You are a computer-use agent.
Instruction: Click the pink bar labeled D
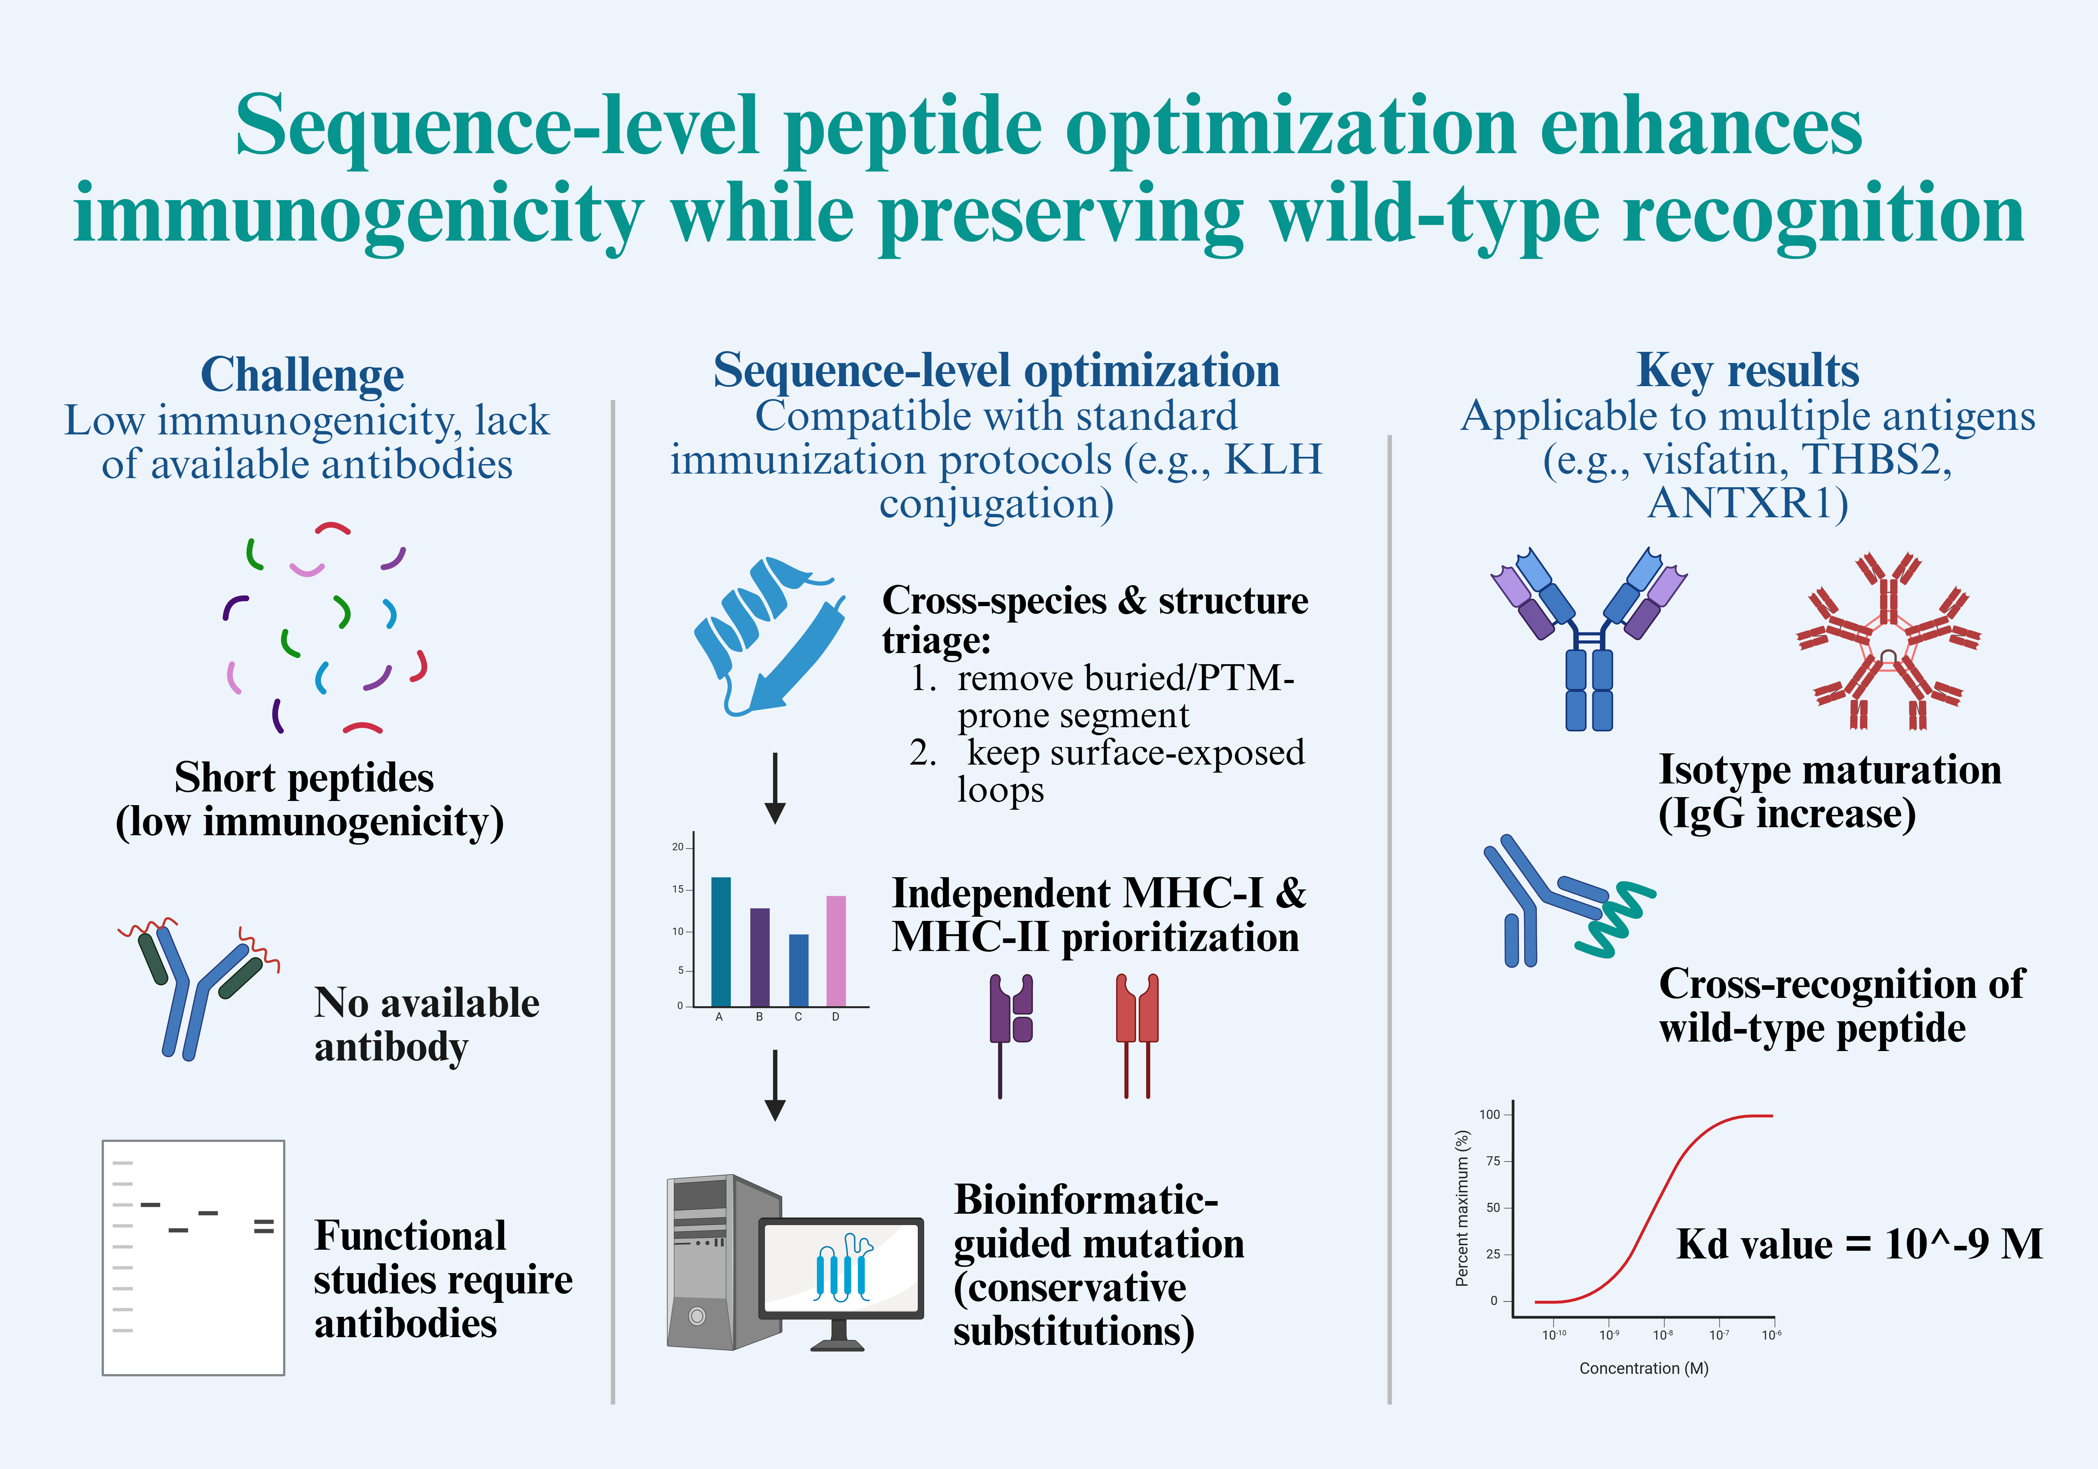[835, 951]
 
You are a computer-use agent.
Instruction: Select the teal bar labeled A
[720, 942]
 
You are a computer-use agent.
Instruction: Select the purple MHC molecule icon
[1011, 1033]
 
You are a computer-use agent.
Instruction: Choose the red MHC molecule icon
[1137, 1033]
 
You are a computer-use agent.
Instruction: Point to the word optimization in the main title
[1290, 128]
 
